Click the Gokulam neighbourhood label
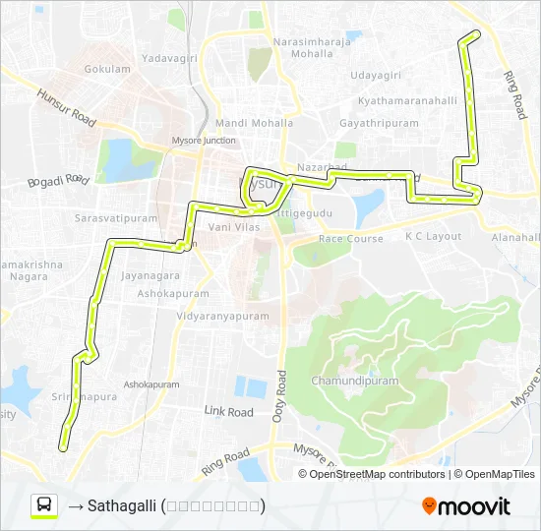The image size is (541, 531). [107, 70]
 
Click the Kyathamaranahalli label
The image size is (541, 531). [408, 101]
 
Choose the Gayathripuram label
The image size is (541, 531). [379, 124]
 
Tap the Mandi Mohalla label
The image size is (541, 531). [254, 124]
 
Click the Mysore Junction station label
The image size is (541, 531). [204, 141]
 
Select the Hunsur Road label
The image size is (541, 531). [66, 107]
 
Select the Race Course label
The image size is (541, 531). [351, 239]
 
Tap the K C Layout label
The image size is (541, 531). [433, 237]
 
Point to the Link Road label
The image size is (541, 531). [228, 412]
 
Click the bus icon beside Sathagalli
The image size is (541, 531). [44, 505]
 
